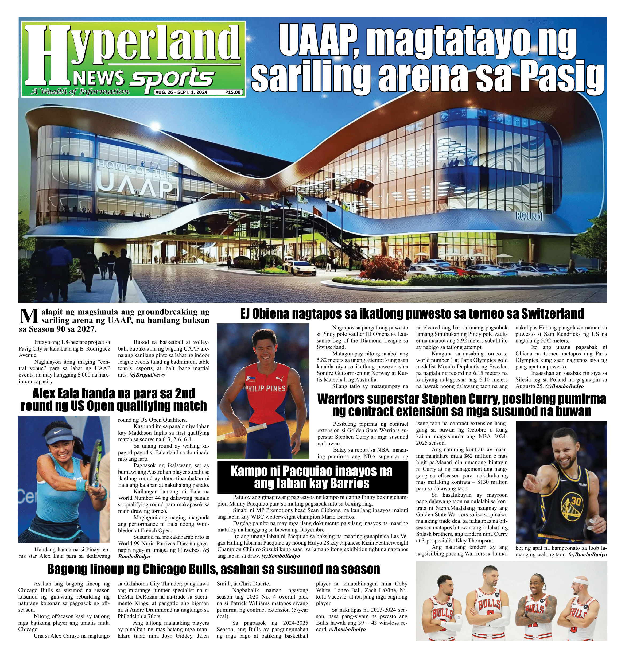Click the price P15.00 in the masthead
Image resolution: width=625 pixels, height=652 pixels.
[x=232, y=92]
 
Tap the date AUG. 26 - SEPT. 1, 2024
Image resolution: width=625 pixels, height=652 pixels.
[x=181, y=92]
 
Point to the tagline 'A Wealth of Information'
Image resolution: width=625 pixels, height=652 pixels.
[x=80, y=91]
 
